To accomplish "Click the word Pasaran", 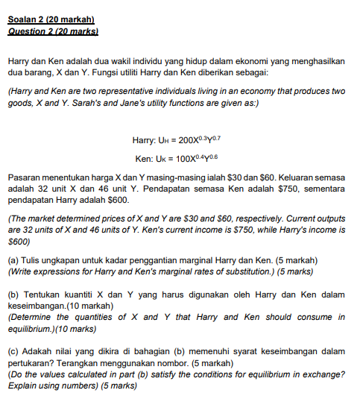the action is (x=23, y=179).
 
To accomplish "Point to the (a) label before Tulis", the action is (x=13, y=260).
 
